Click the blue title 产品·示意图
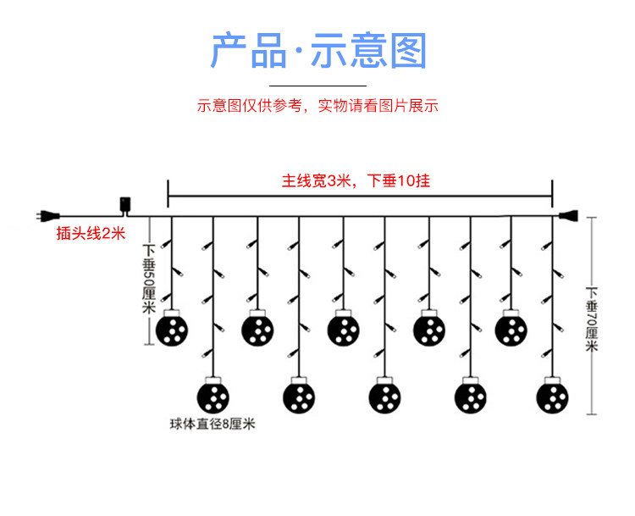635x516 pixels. [317, 52]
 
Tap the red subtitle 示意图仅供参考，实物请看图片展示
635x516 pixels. [317, 106]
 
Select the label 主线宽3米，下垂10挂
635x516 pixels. [356, 180]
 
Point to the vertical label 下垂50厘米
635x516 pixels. [149, 280]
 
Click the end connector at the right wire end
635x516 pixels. [566, 216]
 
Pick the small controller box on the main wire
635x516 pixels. [126, 206]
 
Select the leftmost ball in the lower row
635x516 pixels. [213, 396]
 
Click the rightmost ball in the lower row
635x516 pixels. [553, 396]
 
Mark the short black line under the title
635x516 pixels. [317, 85]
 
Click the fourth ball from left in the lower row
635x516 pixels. [470, 396]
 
